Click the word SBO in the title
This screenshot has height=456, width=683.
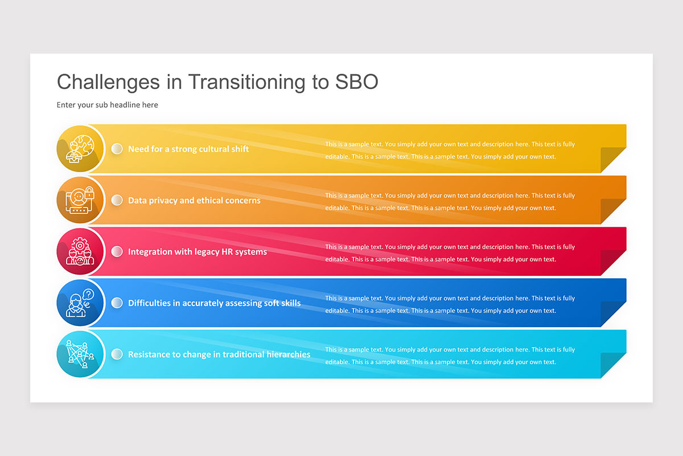click(x=357, y=82)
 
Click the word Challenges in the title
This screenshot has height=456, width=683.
click(x=108, y=83)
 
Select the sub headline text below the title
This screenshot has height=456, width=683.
click(x=108, y=105)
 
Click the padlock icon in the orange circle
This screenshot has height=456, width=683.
click(x=89, y=193)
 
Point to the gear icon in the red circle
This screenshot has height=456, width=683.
click(x=80, y=245)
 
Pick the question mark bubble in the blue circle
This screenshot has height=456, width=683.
click(x=88, y=295)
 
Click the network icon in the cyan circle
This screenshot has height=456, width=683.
click(x=80, y=355)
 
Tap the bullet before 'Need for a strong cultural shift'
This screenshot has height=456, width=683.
click(x=117, y=149)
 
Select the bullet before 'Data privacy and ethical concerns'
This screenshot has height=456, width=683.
click(x=117, y=201)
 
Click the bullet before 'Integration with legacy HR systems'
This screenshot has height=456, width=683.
click(x=117, y=252)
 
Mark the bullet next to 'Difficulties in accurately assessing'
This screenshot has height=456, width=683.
click(x=117, y=303)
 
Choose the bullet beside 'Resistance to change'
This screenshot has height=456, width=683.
click(x=117, y=355)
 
